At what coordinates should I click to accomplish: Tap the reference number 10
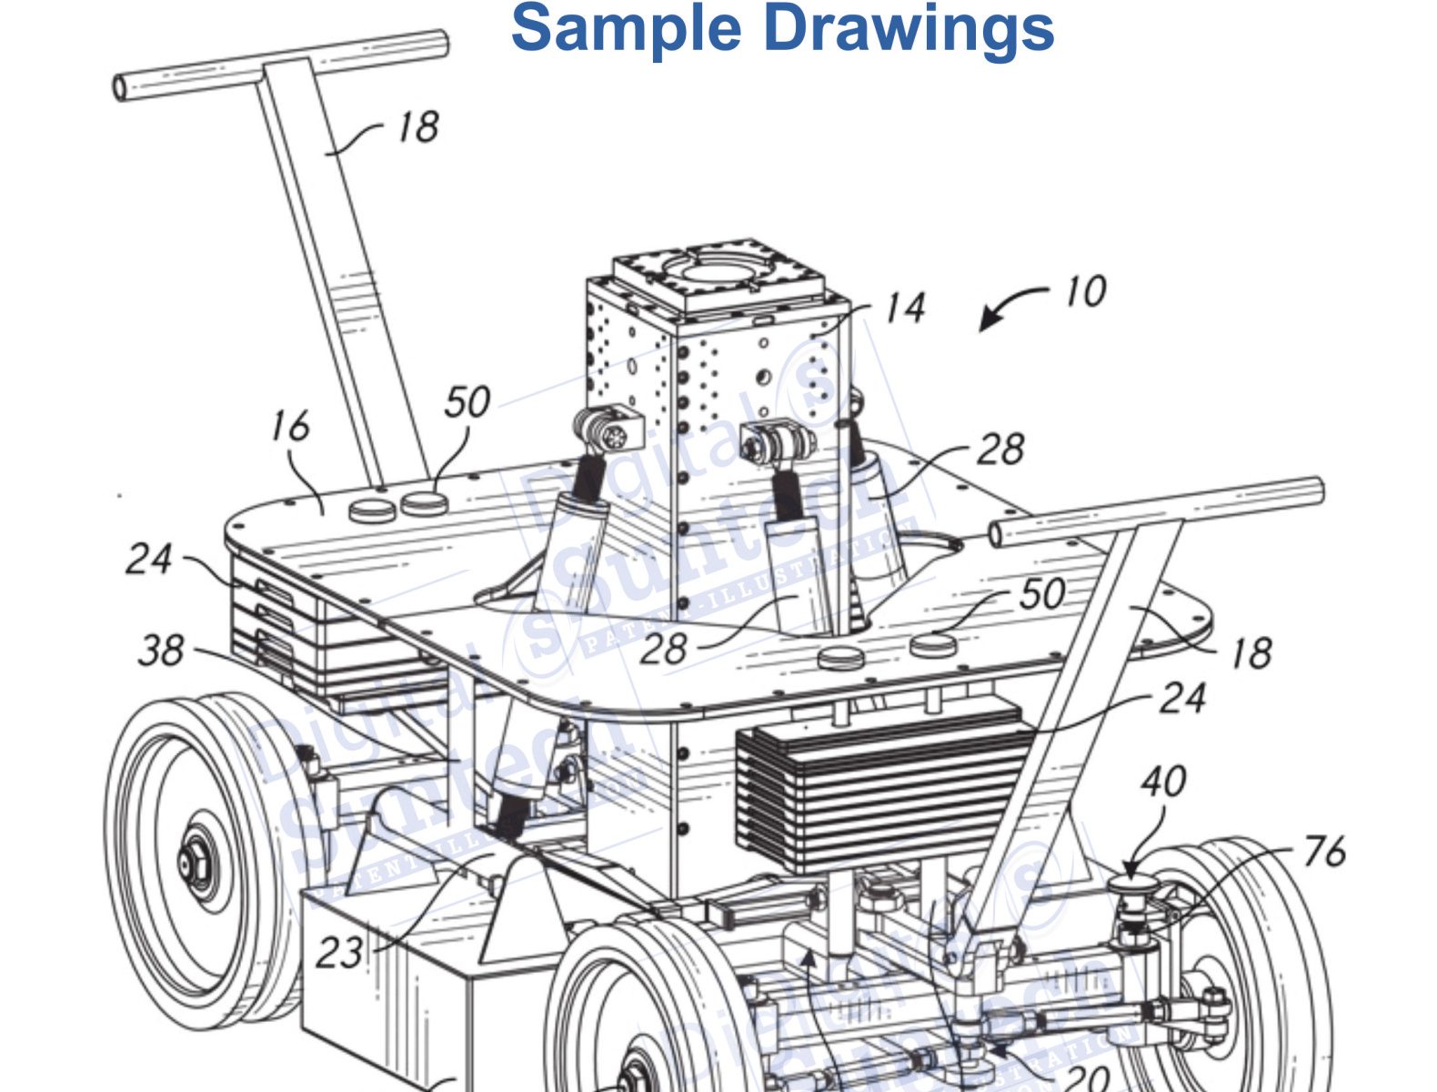[1085, 292]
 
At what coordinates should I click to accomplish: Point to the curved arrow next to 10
[1010, 308]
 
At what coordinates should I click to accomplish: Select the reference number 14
[905, 308]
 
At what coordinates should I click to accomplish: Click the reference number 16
[290, 426]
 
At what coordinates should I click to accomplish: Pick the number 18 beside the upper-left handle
[418, 127]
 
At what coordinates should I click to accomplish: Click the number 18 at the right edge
[1251, 653]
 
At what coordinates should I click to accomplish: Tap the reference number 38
[161, 651]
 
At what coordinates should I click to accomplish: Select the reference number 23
[339, 953]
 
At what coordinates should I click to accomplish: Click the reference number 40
[1163, 782]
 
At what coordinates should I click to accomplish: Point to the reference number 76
[1324, 852]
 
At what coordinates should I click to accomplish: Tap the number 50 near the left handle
[467, 402]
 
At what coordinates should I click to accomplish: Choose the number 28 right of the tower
[1000, 450]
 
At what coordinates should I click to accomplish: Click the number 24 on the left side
[149, 559]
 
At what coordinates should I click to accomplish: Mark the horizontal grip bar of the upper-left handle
[282, 64]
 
